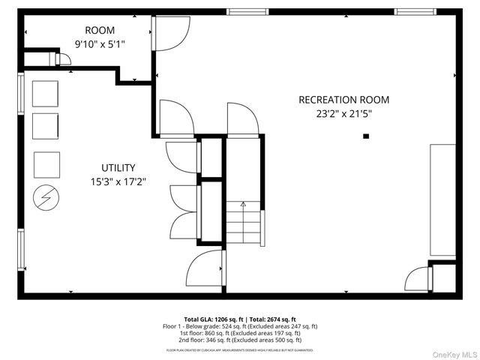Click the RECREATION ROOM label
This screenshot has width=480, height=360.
343,100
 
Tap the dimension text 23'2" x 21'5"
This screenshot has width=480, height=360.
343,114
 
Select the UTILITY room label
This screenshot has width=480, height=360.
118,167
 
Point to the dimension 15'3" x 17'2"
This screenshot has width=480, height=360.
118,181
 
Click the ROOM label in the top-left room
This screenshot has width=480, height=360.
99,30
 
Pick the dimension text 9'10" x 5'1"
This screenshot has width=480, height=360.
99,44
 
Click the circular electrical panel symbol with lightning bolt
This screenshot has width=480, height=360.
46,199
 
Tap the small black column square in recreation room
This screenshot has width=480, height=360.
366,136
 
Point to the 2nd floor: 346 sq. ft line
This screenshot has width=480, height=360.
240,340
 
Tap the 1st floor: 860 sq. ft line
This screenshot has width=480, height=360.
240,333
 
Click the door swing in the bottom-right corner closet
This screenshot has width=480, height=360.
415,279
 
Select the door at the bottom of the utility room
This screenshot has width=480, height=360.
204,270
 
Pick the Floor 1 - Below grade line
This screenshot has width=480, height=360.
240,326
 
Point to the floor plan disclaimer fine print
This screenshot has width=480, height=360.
240,350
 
